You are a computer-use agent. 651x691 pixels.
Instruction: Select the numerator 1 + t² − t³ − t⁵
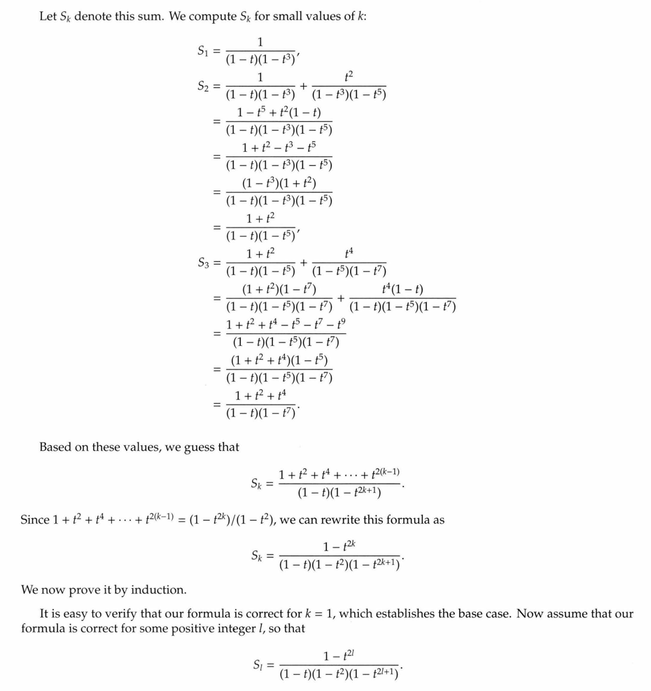(279, 148)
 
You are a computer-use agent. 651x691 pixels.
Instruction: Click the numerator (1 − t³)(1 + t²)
(279, 183)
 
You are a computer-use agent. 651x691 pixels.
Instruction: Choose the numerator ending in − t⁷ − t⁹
(286, 325)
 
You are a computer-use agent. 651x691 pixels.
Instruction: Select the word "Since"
(35, 520)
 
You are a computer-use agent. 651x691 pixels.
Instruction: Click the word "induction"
(162, 590)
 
